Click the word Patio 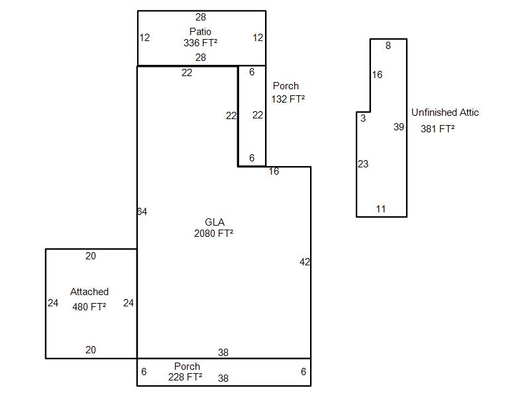point(201,31)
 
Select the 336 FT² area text point(201,42)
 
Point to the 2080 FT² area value point(213,233)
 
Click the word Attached point(89,292)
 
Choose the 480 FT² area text point(89,306)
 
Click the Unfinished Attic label point(445,112)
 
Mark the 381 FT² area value point(437,128)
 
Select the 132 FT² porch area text point(288,99)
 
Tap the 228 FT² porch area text point(185,376)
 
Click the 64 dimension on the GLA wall point(142,212)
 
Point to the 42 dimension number point(305,262)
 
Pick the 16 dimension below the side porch point(274,171)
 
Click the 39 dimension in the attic point(399,127)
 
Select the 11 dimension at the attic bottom point(381,209)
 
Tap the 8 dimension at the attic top point(388,46)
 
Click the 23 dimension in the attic point(363,164)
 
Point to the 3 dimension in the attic point(363,118)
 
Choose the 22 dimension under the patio point(187,73)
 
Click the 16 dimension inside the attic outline point(377,75)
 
